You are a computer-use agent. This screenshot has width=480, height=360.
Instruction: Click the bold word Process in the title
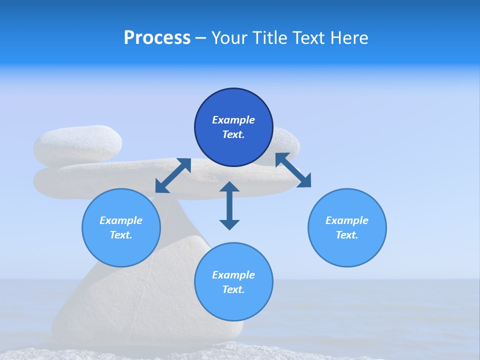tap(157, 38)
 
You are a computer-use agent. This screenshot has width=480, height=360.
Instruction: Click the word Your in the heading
tap(229, 38)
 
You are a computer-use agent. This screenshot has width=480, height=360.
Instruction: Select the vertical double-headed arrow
tap(229, 205)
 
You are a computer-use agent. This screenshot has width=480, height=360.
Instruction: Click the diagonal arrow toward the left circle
tap(173, 175)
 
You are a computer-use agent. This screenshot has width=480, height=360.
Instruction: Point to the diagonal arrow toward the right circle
tap(293, 170)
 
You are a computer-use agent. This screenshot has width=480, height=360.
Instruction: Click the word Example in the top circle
tap(233, 120)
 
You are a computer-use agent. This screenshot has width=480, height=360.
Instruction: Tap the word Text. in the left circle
tap(121, 235)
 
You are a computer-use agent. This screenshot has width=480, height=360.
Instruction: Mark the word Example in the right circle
tap(347, 220)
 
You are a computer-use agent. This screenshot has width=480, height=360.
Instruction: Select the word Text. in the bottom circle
tap(233, 289)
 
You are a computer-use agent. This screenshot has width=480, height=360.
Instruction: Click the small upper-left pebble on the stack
tap(77, 145)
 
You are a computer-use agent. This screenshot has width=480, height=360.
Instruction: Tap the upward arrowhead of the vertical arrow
tap(229, 187)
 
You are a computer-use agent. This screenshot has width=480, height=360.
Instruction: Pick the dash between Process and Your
tap(200, 38)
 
